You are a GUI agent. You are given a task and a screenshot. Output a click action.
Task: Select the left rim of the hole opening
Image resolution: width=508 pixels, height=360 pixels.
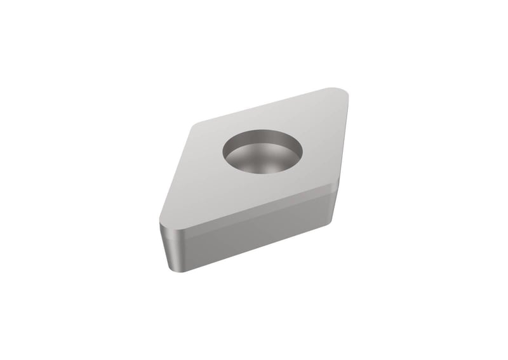224,152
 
